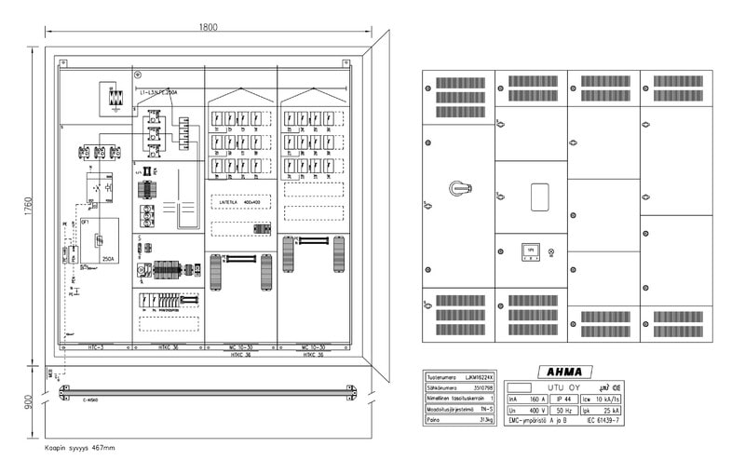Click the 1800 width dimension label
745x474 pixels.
pyautogui.click(x=208, y=27)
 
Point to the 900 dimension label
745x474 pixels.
pyautogui.click(x=29, y=401)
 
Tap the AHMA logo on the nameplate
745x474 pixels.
pyautogui.click(x=557, y=372)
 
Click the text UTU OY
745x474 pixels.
pyautogui.click(x=562, y=386)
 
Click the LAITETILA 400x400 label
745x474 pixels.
pyautogui.click(x=240, y=200)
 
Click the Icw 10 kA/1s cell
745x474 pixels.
pyautogui.click(x=607, y=398)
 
